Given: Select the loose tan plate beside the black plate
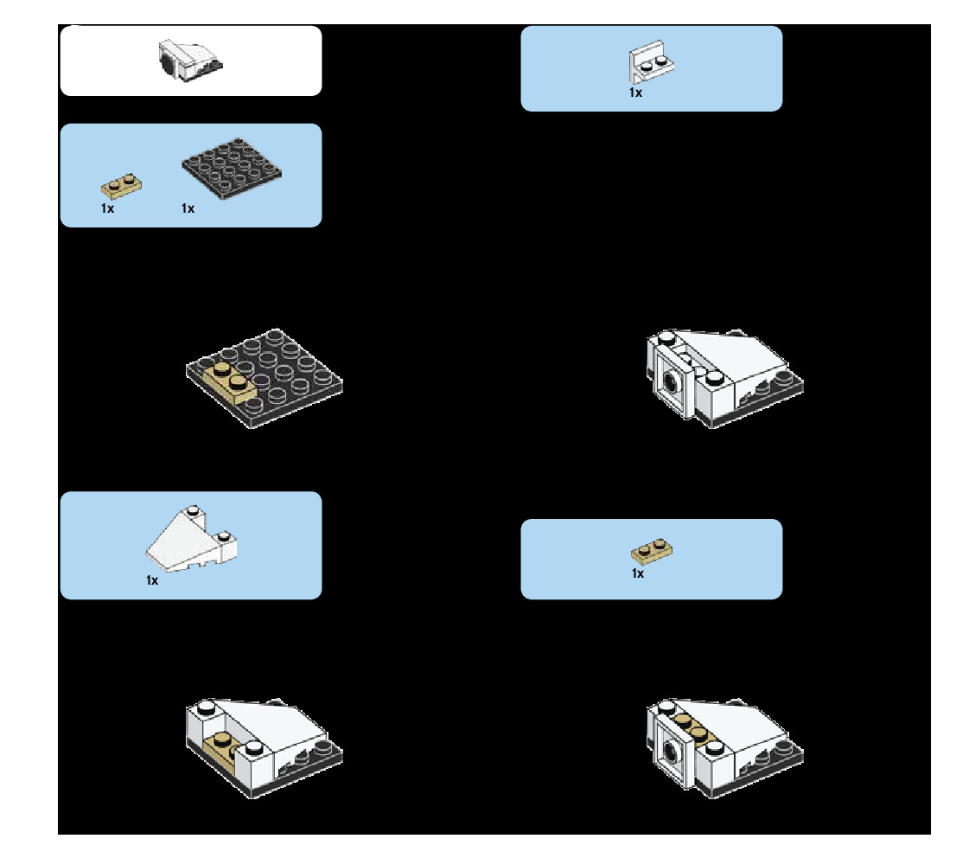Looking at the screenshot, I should [122, 186].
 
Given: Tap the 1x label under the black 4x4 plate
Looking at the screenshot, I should [188, 208].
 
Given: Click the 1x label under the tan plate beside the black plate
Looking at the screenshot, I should [107, 208].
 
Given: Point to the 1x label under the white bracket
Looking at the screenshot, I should [635, 93].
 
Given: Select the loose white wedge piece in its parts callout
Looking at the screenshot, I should [192, 541].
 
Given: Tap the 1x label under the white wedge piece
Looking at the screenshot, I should [152, 580].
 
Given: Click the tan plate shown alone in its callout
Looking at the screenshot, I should [652, 550].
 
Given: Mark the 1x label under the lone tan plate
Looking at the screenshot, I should [638, 573].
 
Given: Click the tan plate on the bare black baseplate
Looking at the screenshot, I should [229, 383].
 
